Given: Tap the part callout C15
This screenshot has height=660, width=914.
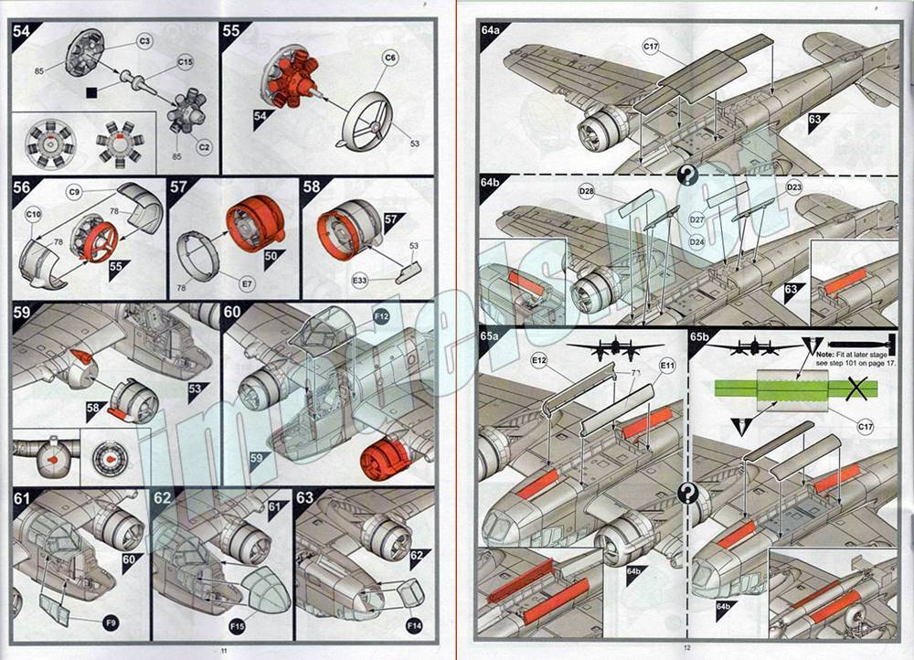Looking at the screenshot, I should click(x=185, y=60).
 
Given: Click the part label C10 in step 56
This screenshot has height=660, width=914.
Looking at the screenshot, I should click(x=34, y=216).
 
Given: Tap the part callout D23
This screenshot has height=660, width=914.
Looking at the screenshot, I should click(x=793, y=187).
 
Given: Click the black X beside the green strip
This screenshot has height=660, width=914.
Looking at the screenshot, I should click(x=856, y=391).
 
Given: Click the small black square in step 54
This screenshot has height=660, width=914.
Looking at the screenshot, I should click(x=90, y=91).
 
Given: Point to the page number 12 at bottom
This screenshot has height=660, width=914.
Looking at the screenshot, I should click(x=686, y=649).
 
